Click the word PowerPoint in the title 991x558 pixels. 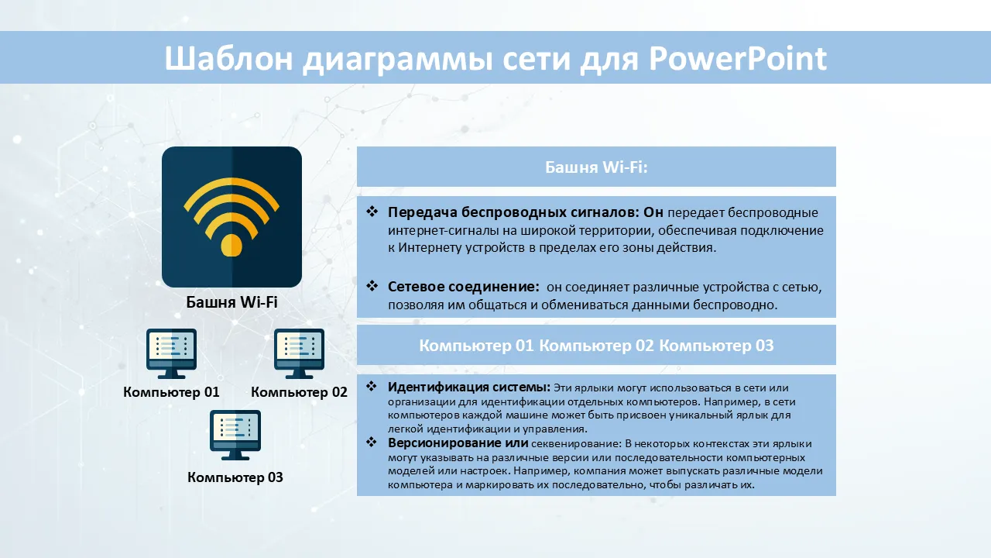738,58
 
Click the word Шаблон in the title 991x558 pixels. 228,58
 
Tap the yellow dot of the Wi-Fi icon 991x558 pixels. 231,245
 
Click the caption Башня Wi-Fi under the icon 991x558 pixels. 231,302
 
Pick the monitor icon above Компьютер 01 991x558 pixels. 172,353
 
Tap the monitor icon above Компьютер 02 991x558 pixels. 299,353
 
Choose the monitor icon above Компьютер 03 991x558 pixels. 235,435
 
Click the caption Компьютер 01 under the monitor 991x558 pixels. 171,392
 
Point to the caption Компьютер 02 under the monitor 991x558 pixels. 299,392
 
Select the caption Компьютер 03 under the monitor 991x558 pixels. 235,477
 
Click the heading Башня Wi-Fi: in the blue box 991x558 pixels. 596,167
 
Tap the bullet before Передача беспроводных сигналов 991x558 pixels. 372,212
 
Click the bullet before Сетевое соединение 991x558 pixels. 372,286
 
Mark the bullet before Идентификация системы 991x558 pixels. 371,386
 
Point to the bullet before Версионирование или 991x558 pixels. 371,442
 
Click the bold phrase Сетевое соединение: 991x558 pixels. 464,287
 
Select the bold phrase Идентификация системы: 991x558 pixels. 469,387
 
